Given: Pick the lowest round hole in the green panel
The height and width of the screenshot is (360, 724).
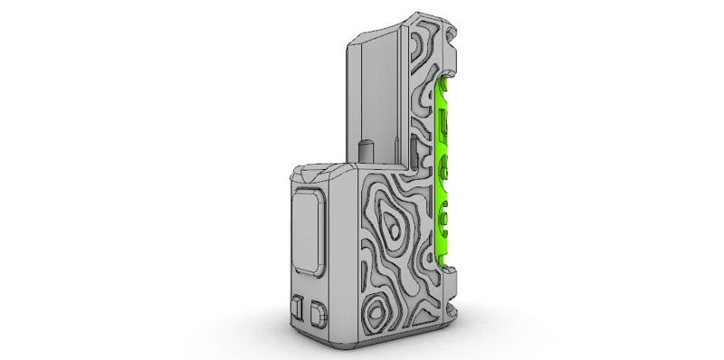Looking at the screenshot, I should pos(444,216).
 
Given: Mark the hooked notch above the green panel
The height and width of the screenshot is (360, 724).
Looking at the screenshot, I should pos(452,63).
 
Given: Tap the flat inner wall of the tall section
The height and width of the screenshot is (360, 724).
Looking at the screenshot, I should pos(380,90).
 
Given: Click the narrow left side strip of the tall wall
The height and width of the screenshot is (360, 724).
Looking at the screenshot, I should pos(355,99).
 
